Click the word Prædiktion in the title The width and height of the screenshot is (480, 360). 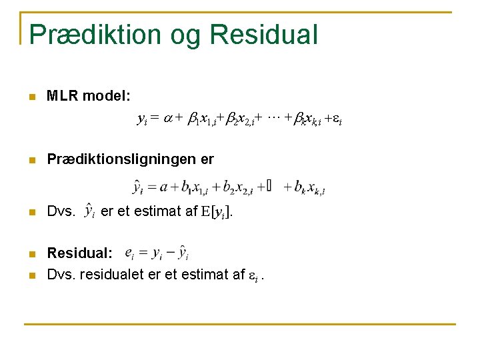pos(94,35)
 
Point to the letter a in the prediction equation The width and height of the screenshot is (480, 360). pos(164,187)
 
